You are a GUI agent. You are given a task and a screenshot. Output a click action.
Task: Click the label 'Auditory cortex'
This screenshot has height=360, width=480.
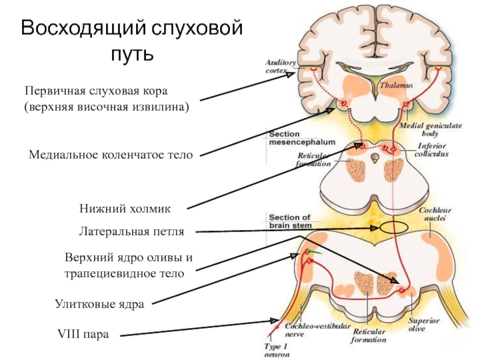click(x=280, y=65)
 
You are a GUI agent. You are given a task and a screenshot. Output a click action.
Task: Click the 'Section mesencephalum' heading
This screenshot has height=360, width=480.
click(x=292, y=139)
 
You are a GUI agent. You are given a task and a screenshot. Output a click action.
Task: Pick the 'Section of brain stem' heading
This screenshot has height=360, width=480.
click(x=290, y=221)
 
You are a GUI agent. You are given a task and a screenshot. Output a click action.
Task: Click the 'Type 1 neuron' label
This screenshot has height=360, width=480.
click(x=277, y=350)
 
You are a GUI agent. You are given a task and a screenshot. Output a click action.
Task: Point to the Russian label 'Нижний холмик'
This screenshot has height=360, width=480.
click(x=125, y=209)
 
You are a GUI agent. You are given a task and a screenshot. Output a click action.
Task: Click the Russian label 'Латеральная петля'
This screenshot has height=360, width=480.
click(x=131, y=231)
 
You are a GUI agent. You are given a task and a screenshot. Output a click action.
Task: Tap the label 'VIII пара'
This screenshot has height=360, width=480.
click(x=83, y=334)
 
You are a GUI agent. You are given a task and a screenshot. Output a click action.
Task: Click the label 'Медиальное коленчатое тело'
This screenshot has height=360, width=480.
click(x=111, y=155)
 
